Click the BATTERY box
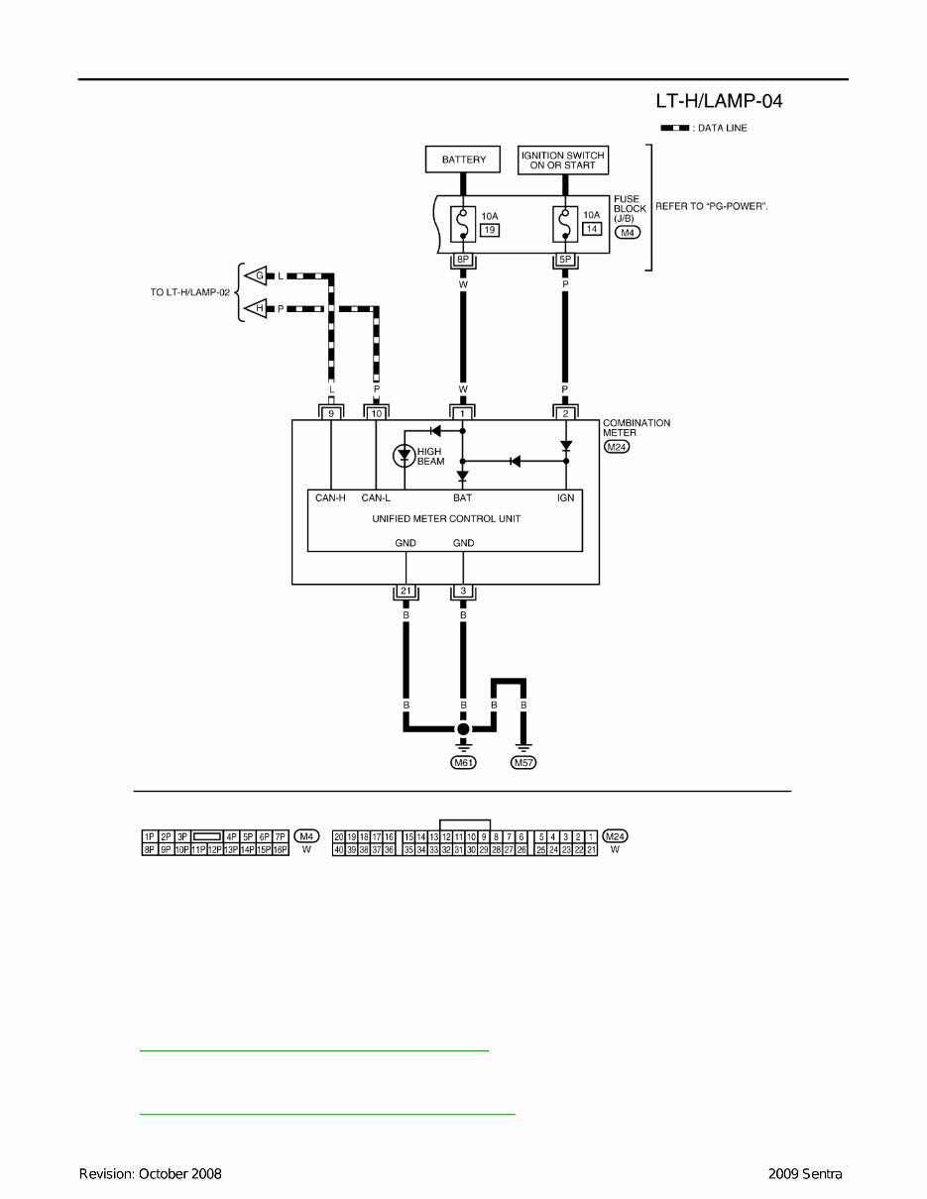coord(463,159)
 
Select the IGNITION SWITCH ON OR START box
coord(563,159)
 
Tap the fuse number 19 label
coord(489,229)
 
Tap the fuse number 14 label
coord(592,229)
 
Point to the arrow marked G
coord(257,274)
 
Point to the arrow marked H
coord(257,309)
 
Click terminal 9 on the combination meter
coord(331,411)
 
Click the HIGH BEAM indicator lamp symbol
coord(404,456)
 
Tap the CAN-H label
coord(330,498)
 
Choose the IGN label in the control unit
coord(565,498)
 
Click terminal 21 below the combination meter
coord(406,593)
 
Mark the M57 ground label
coord(522,763)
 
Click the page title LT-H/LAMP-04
coord(720,101)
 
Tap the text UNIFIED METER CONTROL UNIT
coord(445,518)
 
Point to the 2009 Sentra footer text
coord(804,1174)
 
